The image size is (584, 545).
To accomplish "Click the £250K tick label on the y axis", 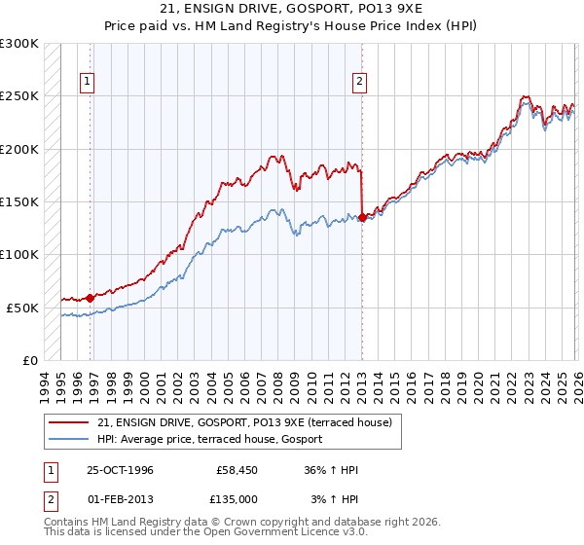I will click(19, 96).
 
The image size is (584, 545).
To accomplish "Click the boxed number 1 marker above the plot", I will click(89, 82).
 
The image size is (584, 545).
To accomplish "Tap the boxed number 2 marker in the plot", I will click(359, 82).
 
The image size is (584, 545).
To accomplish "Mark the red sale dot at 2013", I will click(362, 218).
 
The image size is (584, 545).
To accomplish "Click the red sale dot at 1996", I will click(91, 299).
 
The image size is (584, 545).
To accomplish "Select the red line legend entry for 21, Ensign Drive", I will click(244, 422).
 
